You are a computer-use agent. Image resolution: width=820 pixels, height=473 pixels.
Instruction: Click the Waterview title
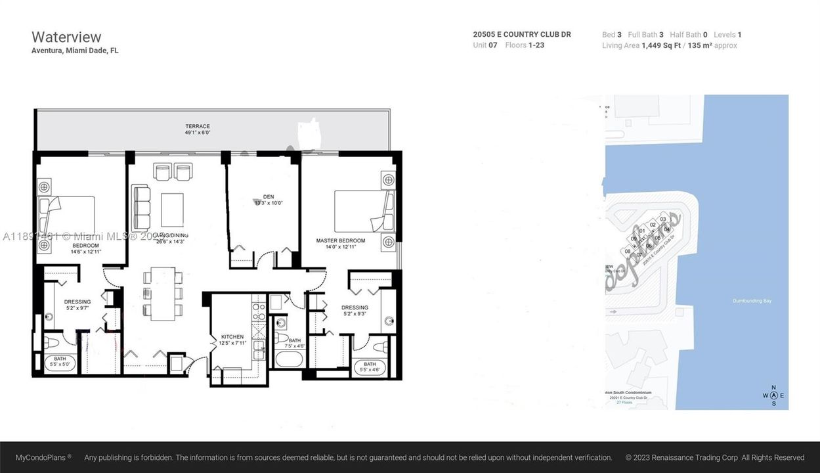66,37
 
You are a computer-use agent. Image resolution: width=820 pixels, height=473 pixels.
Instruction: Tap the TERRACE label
197,126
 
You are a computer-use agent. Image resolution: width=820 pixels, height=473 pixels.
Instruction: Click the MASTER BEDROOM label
340,241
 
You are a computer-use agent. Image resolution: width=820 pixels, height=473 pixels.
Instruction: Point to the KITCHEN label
232,337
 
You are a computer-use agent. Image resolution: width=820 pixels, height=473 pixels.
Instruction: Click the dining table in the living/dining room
162,293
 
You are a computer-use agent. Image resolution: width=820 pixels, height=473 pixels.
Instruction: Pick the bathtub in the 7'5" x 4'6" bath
289,359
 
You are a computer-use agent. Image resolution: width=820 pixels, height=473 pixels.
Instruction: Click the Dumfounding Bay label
752,301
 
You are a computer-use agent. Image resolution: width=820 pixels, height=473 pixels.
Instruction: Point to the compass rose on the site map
773,395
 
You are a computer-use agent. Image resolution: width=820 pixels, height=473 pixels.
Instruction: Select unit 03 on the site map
663,219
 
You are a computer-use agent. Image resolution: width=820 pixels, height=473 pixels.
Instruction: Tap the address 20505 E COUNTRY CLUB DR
522,34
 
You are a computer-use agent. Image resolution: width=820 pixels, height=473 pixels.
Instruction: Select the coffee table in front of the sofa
173,209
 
